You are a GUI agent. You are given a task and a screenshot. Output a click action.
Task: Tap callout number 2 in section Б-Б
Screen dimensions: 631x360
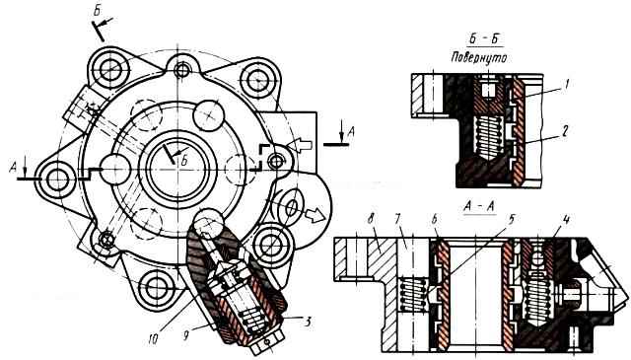(565, 130)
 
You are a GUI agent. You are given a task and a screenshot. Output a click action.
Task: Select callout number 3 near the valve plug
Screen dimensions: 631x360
(308, 323)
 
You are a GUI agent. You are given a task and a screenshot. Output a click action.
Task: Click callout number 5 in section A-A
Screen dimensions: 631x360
(512, 219)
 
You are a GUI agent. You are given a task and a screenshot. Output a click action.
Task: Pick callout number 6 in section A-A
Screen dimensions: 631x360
(434, 219)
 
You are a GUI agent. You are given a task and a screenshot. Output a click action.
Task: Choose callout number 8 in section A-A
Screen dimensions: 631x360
(371, 221)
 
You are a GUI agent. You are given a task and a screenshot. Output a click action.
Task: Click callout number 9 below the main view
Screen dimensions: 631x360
(186, 335)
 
